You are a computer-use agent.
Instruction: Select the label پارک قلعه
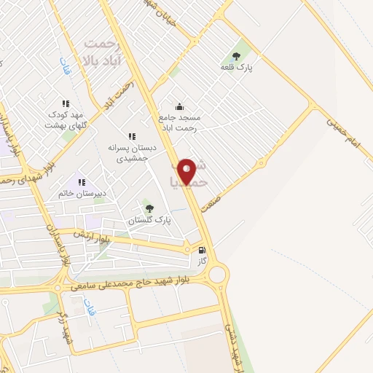coord(235,67)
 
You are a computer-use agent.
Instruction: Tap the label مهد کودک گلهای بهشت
coord(67,120)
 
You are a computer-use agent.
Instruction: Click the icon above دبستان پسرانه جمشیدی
coord(132,136)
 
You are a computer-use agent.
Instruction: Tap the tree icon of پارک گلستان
coord(150,208)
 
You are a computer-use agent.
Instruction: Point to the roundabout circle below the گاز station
coord(217,275)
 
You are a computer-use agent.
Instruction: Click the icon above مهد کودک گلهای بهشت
coord(66,104)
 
